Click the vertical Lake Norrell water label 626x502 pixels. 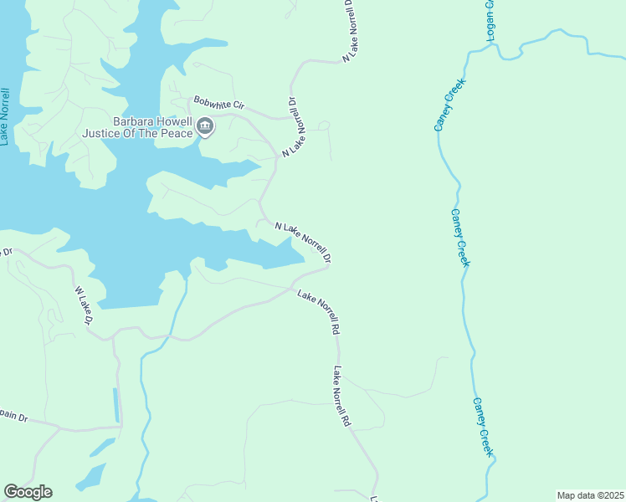[4, 116]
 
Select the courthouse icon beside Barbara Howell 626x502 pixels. [205, 127]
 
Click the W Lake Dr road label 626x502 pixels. [83, 306]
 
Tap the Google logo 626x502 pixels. [28, 492]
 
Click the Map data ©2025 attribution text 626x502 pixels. [590, 495]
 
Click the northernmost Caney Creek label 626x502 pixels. [449, 105]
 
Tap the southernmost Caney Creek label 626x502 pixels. [484, 427]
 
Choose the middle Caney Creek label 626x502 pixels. [461, 238]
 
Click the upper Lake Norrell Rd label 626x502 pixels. [319, 311]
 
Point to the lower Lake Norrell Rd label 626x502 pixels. [341, 397]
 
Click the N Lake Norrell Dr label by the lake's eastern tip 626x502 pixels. [303, 241]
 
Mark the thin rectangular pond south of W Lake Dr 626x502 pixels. [115, 405]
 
